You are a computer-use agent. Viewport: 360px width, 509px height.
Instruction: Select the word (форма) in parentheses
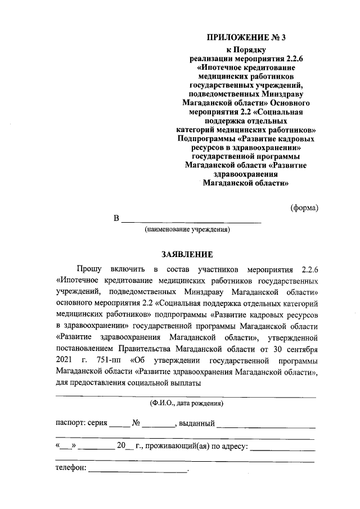coord(304,208)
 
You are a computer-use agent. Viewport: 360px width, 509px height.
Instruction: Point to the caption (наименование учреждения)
coord(187,229)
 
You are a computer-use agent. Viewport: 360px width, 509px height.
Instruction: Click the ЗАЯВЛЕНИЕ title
coord(187,254)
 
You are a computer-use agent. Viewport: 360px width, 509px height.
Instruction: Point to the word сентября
coord(300,348)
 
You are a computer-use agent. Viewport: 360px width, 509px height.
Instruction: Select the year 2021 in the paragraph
coord(65,359)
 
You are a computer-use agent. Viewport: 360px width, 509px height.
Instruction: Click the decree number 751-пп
coord(111,359)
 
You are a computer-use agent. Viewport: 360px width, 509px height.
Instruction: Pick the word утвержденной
coord(292,336)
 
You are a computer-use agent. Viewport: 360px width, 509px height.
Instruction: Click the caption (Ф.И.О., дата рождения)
coord(187,403)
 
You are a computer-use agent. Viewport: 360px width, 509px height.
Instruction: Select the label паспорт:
coord(70,422)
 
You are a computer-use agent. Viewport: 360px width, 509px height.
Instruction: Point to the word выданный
coord(196,422)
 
